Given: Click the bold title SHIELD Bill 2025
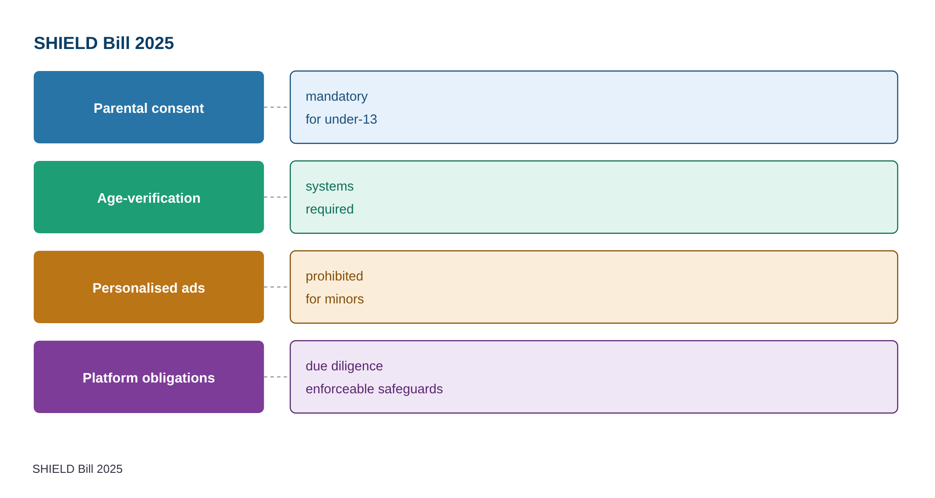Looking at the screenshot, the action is [104, 43].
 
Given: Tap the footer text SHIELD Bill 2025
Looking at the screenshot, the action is [77, 469].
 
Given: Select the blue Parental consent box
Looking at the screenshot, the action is [149, 107].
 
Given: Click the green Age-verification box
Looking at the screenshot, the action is [149, 197].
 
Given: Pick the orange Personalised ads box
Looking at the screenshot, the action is [149, 287].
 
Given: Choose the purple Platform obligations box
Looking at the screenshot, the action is [149, 377].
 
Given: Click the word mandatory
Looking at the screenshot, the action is [337, 97].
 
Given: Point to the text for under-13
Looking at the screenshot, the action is [341, 119].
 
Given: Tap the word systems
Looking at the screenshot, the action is [329, 187].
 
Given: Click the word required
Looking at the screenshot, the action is [329, 209].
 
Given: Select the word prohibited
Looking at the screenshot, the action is [334, 276].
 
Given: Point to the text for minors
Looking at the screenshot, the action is [335, 299].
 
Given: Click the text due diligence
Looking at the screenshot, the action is [344, 366].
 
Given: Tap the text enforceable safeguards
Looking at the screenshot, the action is [374, 389].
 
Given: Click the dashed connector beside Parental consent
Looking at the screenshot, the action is [276, 107].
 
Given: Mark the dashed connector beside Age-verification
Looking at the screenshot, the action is [276, 197].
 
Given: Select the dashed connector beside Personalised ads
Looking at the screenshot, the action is [276, 287].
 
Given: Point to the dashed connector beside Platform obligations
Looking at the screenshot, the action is [276, 377].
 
